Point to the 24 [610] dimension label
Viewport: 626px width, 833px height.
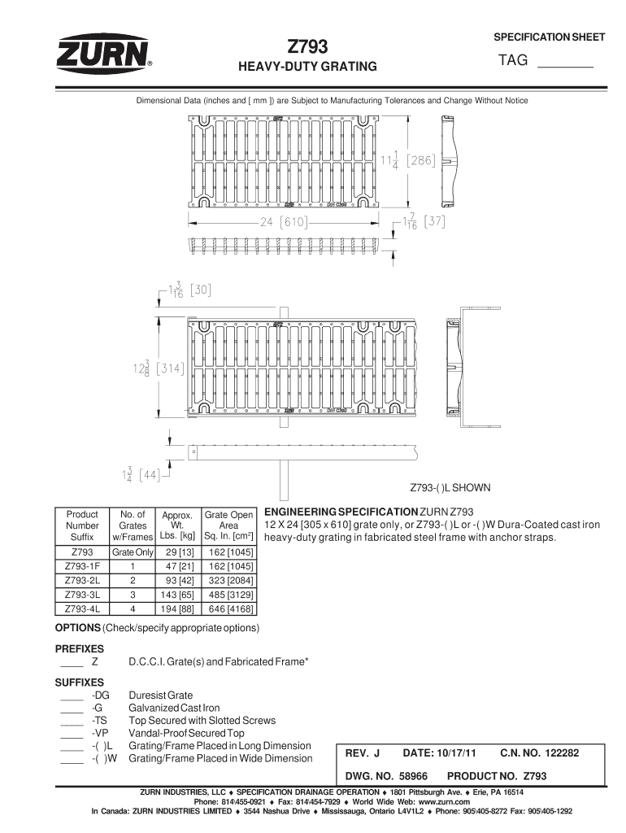click(283, 221)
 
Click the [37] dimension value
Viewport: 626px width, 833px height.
click(431, 222)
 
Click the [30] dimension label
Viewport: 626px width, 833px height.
click(200, 288)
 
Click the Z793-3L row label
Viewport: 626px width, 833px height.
click(82, 594)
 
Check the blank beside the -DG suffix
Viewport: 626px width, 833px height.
click(72, 696)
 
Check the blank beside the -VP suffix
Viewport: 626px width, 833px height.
click(72, 734)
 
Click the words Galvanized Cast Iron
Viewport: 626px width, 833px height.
click(174, 708)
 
